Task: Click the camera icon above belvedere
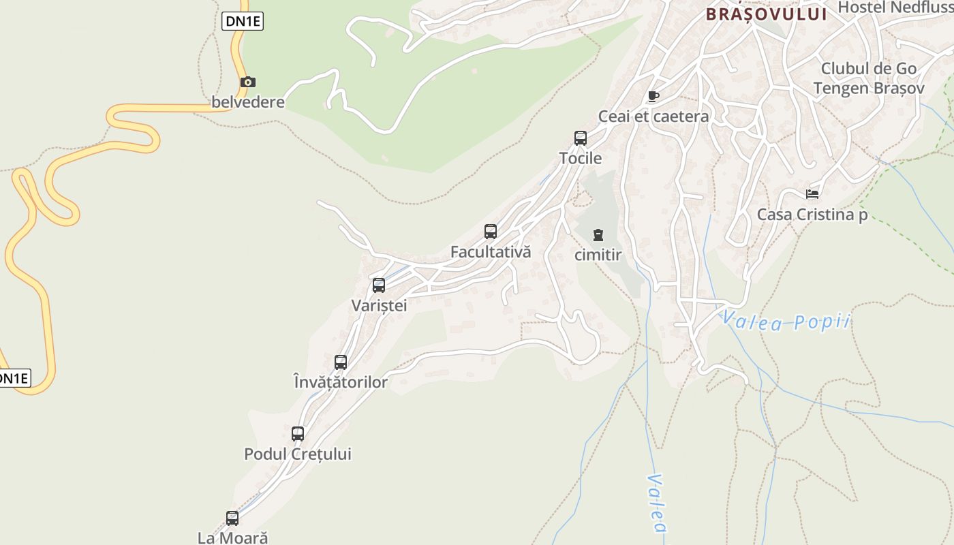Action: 248,82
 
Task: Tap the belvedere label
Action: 248,102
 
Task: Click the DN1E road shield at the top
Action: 243,21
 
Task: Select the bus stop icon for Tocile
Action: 581,138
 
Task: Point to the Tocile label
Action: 581,158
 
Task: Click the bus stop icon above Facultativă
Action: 491,232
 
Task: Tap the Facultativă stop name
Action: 491,251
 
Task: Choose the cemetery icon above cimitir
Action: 598,236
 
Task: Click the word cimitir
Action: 598,255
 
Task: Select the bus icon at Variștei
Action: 379,285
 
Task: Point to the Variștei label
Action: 379,305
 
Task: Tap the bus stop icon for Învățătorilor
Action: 341,362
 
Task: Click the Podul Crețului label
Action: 298,454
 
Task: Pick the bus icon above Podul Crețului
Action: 298,434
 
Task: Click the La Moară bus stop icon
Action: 232,518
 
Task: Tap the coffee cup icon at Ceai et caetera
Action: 653,97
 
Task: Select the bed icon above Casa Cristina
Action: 812,194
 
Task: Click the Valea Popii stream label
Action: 786,321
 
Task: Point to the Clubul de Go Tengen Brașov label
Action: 869,78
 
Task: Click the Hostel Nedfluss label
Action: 895,7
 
